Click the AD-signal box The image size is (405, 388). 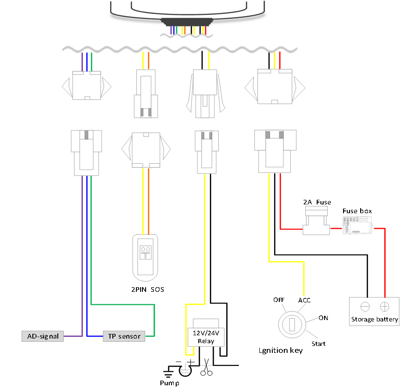43,336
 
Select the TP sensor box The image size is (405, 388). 124,336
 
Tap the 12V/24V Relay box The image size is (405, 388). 206,336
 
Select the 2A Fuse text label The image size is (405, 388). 317,202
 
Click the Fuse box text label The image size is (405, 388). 357,211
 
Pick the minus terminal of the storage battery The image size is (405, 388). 365,307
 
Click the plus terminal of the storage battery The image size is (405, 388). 384,307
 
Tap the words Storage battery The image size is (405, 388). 374,320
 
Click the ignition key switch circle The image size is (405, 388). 291,324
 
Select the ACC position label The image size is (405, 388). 304,300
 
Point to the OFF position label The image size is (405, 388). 278,300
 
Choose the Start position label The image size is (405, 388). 319,344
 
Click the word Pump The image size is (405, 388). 169,383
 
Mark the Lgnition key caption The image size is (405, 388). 281,351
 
